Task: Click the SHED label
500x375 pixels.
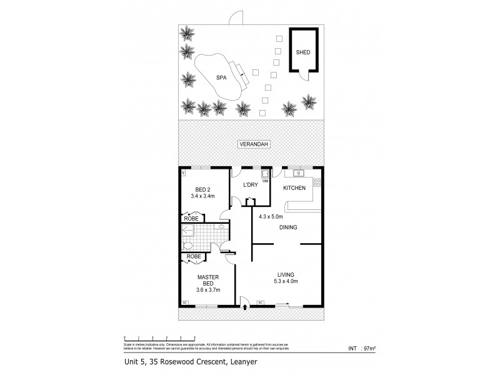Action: (x=303, y=52)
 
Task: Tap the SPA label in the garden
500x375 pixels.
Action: (x=221, y=77)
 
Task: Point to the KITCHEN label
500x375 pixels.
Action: (x=294, y=188)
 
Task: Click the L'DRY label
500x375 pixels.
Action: (x=251, y=185)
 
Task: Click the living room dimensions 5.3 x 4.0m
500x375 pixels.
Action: (x=287, y=281)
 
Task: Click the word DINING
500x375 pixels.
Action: (x=287, y=227)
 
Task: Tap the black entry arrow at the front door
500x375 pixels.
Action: (x=245, y=306)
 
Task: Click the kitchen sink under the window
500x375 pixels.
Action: (x=297, y=172)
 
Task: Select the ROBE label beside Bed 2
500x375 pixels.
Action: (x=192, y=218)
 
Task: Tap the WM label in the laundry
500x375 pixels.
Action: (x=265, y=181)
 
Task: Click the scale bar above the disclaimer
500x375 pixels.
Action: (x=160, y=338)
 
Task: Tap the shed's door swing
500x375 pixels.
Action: (x=302, y=76)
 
